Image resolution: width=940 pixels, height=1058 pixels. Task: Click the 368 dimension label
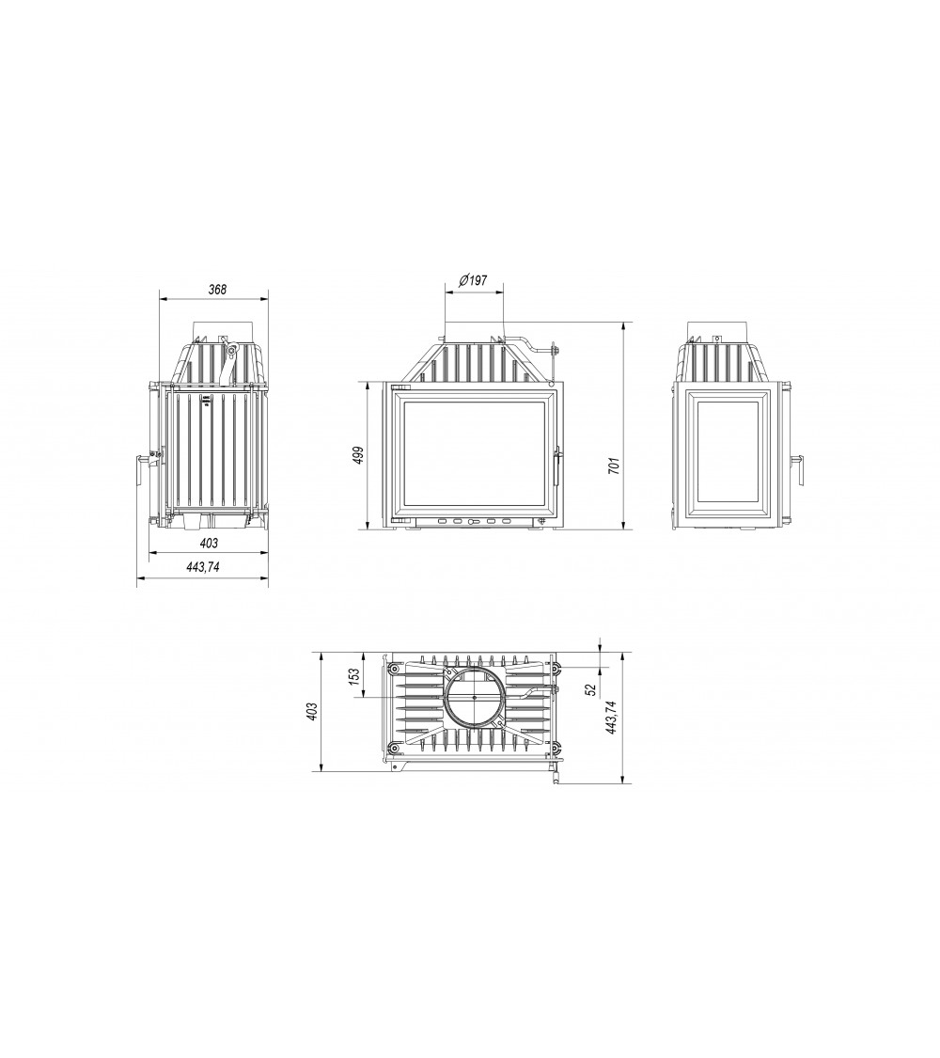[217, 290]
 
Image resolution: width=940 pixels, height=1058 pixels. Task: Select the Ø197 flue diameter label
[473, 280]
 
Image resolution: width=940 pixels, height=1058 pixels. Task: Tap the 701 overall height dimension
[613, 466]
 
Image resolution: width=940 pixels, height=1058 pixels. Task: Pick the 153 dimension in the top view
[355, 677]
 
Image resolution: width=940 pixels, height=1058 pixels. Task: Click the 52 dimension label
[591, 689]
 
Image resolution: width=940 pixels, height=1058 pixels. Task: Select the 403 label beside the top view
[311, 711]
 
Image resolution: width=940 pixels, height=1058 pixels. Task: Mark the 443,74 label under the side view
[203, 567]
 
